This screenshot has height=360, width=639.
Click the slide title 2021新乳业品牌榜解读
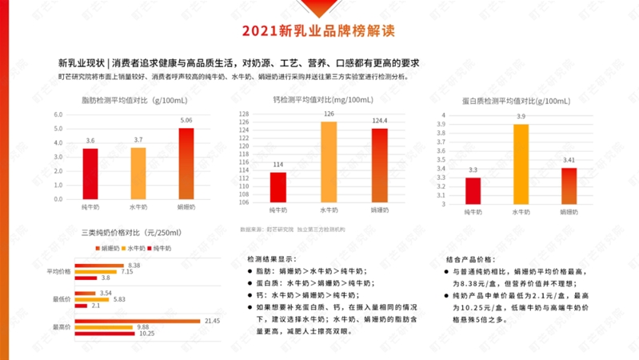point(318,32)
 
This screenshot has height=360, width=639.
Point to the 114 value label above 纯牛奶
point(278,165)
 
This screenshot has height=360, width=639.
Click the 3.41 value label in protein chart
point(569,160)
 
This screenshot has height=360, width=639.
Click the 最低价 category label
point(60,300)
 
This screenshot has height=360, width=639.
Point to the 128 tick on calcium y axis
point(244,114)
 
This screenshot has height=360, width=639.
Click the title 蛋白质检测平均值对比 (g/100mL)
point(516,101)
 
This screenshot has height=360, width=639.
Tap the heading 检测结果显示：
point(271,259)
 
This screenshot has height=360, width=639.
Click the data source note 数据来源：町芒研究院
point(263,230)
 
